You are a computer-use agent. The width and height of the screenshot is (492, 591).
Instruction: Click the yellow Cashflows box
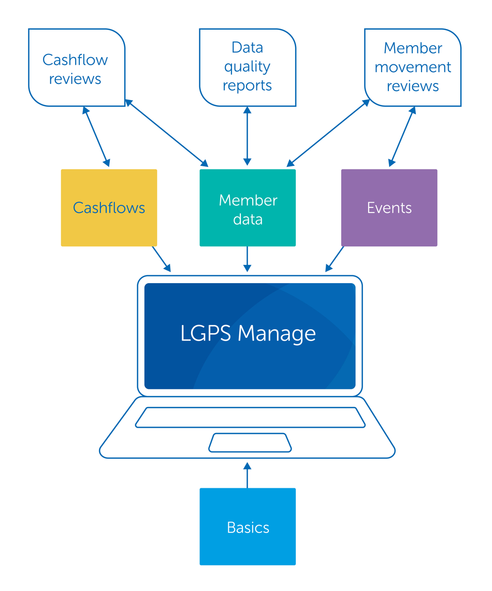[x=109, y=208]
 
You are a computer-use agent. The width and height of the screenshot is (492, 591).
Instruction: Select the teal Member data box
[x=248, y=208]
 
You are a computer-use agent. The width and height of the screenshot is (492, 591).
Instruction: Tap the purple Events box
[x=389, y=208]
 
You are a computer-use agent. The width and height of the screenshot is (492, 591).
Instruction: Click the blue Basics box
[x=248, y=527]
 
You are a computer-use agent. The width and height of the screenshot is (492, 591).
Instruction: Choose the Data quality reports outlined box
[x=248, y=67]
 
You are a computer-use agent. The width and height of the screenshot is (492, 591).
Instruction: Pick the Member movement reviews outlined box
[x=413, y=67]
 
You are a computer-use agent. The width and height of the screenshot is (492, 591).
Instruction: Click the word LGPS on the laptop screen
[x=206, y=333]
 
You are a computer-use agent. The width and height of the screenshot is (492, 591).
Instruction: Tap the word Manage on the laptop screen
[x=277, y=333]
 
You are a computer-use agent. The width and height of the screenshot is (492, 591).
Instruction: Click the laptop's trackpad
[x=250, y=442]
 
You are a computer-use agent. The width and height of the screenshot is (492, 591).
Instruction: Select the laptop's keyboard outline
[x=250, y=417]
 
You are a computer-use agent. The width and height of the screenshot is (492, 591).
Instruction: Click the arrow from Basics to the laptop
[x=248, y=476]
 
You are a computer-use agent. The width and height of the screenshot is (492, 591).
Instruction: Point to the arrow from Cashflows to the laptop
[x=161, y=259]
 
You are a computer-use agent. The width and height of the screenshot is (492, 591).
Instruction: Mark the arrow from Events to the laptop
[x=335, y=259]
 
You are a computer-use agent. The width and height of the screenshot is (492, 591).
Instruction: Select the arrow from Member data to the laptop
[x=248, y=259]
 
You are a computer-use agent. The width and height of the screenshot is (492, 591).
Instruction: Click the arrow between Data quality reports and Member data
[x=248, y=136]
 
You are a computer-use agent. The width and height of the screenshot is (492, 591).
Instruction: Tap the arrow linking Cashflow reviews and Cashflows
[x=96, y=137]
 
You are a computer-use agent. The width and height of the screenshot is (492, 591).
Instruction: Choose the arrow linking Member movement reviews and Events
[x=402, y=137]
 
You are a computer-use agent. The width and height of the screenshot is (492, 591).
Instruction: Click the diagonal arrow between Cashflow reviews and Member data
[x=167, y=134]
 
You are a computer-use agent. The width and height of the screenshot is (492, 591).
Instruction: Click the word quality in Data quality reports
[x=248, y=67]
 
